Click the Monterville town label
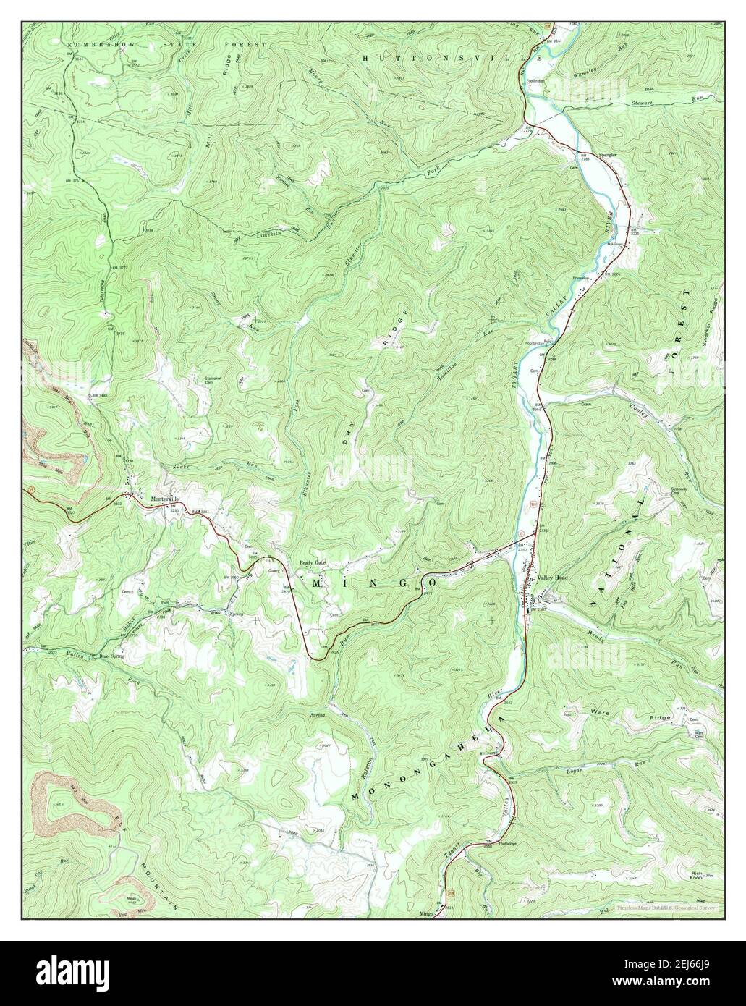pyautogui.click(x=164, y=499)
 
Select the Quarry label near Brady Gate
pyautogui.click(x=274, y=570)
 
